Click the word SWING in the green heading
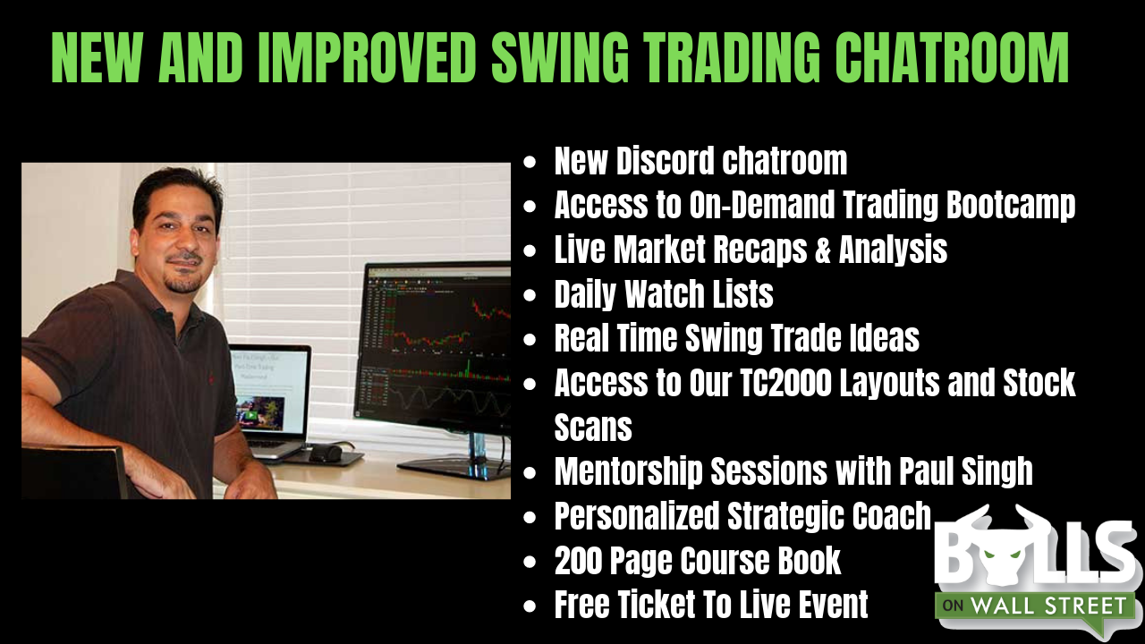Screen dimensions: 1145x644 (x=560, y=58)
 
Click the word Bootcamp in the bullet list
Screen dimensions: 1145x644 (x=1011, y=207)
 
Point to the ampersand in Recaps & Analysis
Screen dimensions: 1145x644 (x=822, y=250)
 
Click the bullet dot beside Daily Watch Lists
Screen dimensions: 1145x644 (x=530, y=295)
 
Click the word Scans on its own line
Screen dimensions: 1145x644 (x=593, y=428)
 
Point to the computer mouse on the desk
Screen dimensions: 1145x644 (x=325, y=453)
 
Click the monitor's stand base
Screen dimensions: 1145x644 (x=455, y=468)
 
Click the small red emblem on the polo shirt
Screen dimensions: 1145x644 (x=210, y=378)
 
